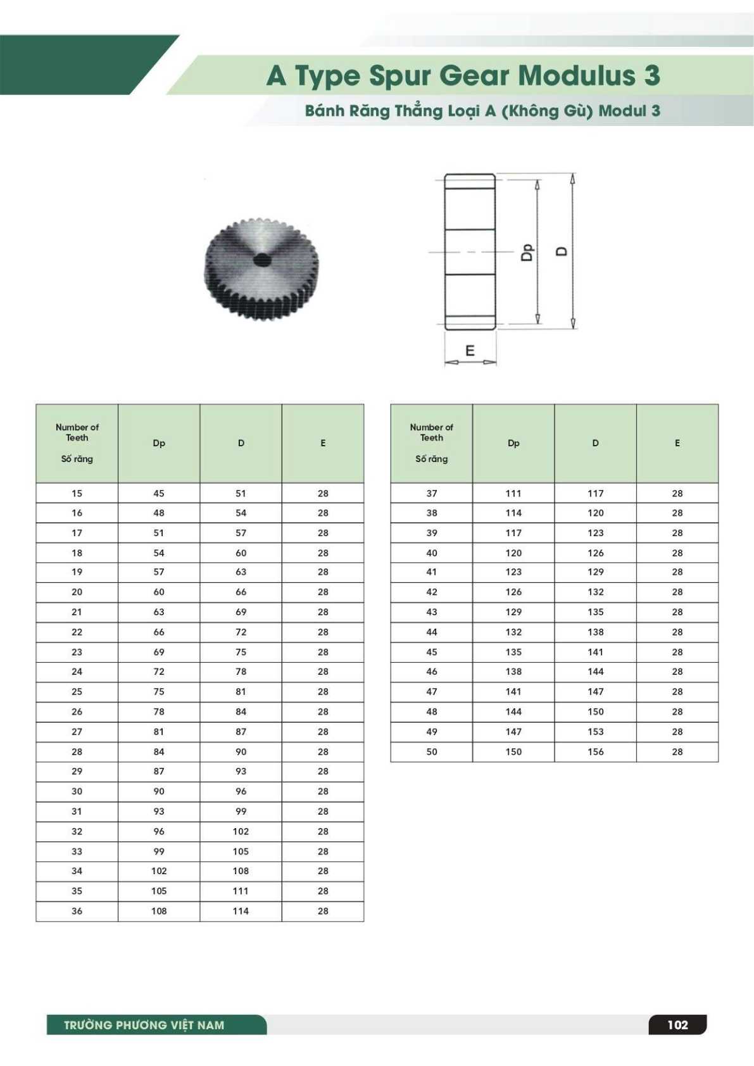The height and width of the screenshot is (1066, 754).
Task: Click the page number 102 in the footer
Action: point(677,1025)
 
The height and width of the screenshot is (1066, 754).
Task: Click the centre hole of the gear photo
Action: point(261,260)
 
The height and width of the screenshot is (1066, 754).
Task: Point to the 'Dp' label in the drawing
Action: point(527,252)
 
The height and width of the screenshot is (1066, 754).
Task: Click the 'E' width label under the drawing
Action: point(470,351)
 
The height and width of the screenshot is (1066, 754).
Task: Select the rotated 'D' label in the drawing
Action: point(562,251)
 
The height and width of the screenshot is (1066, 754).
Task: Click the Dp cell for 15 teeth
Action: point(159,493)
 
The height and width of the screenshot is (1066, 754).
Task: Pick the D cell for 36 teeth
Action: point(241,911)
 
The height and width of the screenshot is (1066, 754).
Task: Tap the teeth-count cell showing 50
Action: point(432,751)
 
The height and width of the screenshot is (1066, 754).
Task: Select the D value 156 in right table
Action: point(595,751)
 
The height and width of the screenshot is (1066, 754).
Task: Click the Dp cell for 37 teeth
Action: point(513,493)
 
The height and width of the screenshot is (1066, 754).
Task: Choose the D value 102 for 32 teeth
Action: point(241,831)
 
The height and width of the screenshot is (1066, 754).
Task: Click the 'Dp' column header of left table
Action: point(159,443)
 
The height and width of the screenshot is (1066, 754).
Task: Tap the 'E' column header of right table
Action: point(677,443)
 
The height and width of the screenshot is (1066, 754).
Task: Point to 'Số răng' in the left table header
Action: point(77,459)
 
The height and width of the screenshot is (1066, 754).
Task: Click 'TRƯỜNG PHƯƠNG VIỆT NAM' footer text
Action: point(144,1025)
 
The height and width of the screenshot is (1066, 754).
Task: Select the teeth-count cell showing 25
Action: point(77,692)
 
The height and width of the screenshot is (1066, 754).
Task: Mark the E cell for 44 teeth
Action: point(677,632)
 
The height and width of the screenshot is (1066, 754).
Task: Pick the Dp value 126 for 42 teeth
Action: point(513,592)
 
